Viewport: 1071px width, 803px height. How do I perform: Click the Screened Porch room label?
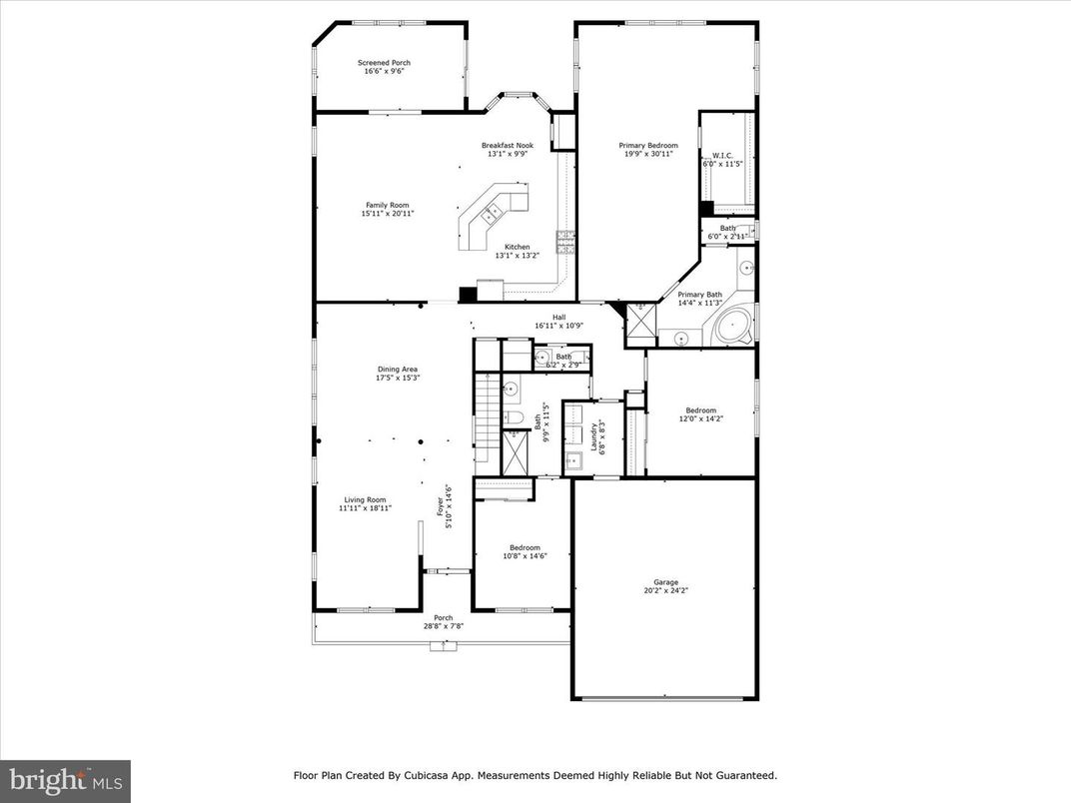click(x=384, y=63)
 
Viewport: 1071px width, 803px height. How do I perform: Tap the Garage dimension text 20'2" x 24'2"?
click(x=665, y=590)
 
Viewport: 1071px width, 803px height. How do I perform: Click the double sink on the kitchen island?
click(x=493, y=211)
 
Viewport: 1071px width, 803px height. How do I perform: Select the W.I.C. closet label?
click(x=722, y=155)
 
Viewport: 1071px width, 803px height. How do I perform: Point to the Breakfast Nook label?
click(x=507, y=145)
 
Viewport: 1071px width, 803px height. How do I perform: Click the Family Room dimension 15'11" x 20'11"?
click(x=387, y=213)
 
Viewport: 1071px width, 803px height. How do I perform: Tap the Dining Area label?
click(x=397, y=369)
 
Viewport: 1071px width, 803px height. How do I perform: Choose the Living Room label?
click(x=365, y=499)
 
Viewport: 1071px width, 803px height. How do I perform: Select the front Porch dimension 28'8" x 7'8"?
click(x=443, y=626)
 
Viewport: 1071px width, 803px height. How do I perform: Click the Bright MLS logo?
click(x=65, y=780)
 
